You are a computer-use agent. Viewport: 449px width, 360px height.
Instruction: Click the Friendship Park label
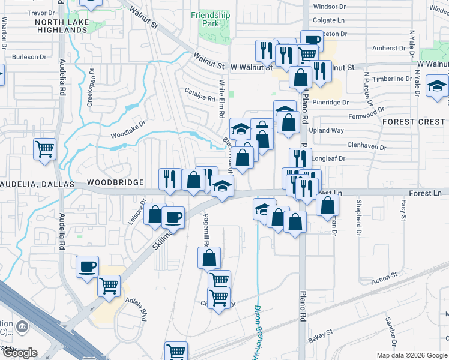pyautogui.click(x=210, y=19)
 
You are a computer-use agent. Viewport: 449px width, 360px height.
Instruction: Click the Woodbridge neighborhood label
pyautogui.click(x=115, y=182)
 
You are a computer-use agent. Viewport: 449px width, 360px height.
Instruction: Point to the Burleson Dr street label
pyautogui.click(x=29, y=57)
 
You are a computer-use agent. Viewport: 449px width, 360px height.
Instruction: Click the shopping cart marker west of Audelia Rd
pyautogui.click(x=45, y=150)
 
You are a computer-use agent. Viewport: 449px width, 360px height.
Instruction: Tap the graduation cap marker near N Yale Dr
pyautogui.click(x=436, y=86)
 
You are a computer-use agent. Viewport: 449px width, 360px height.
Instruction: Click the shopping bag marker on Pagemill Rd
pyautogui.click(x=209, y=258)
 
